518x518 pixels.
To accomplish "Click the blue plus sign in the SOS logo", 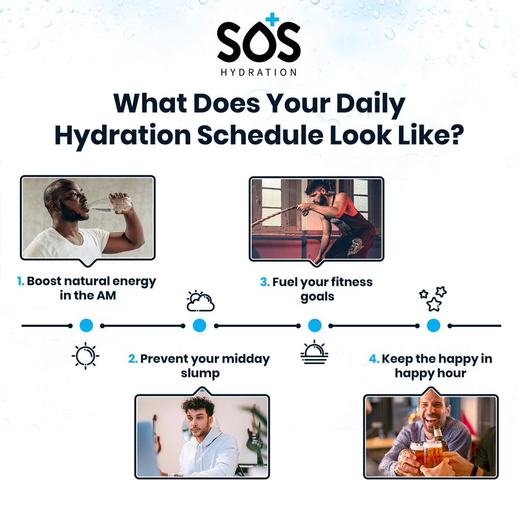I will pos(271,19).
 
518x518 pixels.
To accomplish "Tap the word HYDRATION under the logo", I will pos(258,73).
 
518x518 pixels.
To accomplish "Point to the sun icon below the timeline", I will pos(85,356).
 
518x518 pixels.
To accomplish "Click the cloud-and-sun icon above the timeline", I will pos(200,301).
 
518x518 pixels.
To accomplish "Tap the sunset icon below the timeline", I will pos(314,352).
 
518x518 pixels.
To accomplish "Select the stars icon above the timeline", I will pos(433,298).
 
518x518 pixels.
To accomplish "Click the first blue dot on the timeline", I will pos(86,325).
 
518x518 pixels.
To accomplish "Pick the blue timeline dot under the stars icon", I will pos(434,325).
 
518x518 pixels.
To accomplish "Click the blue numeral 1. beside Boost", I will pos(20,281).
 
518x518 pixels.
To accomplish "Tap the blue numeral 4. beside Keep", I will pos(374,359).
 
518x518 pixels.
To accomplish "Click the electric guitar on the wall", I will pos(253,435).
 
